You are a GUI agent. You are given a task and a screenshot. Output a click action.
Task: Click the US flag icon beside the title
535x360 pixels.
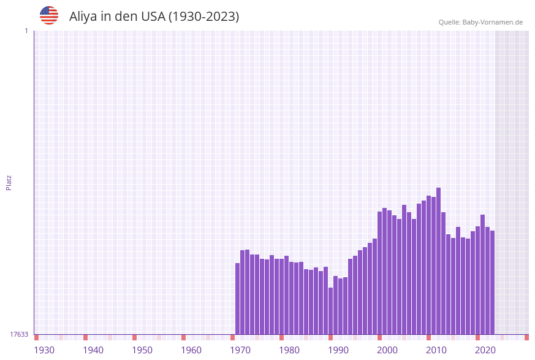point(49,15)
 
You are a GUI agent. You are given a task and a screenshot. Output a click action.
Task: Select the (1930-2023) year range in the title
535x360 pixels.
point(203,17)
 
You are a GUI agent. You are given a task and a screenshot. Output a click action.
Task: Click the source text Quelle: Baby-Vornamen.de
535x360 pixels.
point(480,22)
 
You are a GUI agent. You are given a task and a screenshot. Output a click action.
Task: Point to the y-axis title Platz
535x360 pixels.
point(9,182)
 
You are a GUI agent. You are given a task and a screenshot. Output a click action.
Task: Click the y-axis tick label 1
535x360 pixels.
point(26,31)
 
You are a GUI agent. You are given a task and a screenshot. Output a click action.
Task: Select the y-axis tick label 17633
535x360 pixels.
point(19,334)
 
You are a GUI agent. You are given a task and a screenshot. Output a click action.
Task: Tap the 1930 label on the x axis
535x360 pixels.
point(44,350)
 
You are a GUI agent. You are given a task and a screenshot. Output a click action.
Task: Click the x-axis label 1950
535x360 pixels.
point(142,350)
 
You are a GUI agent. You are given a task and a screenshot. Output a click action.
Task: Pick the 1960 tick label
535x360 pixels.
point(191,350)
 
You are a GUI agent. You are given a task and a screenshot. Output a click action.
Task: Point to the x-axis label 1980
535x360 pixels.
point(289,350)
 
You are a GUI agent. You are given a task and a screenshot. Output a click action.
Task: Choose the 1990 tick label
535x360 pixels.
point(338,350)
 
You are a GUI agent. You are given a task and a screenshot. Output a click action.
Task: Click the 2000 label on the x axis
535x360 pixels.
point(387,350)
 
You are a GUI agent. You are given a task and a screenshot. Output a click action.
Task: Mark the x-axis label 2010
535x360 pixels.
point(436,350)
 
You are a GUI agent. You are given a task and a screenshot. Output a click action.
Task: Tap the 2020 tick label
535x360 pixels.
point(485,350)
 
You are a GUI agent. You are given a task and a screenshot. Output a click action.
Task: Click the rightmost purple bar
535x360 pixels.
point(492,282)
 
